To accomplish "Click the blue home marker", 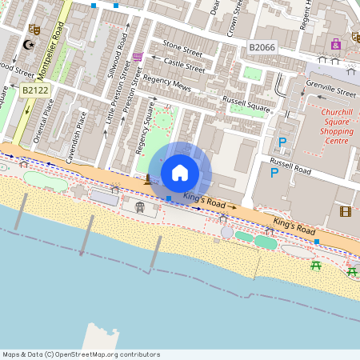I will (x=180, y=173).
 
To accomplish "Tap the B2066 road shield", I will (x=262, y=48).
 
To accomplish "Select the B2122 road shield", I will (x=36, y=90).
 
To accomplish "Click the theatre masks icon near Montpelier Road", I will (x=34, y=30).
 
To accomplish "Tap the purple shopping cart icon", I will (x=138, y=56).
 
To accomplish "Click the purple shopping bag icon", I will (x=335, y=43).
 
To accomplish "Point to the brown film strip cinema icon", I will (x=345, y=211).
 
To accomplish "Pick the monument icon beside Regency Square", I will (x=147, y=179).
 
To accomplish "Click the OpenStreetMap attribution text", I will (x=81, y=354).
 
